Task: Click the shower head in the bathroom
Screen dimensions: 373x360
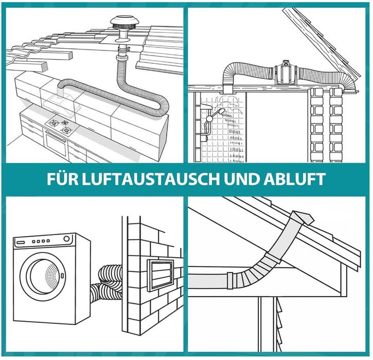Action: [221, 112]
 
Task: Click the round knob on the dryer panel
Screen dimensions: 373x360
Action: [66, 239]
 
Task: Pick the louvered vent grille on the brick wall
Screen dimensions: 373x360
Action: [161, 275]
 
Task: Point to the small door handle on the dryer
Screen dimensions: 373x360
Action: [62, 276]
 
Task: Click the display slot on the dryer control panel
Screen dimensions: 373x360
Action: [21, 242]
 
